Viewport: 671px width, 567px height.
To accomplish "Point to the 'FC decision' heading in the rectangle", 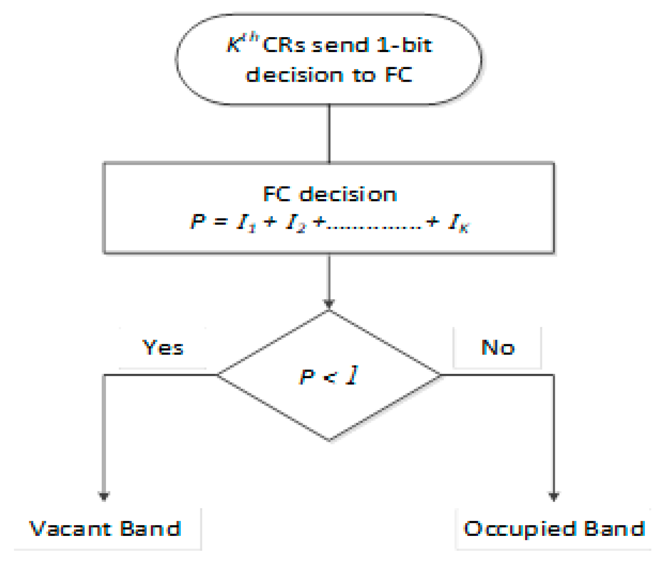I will point(329,194).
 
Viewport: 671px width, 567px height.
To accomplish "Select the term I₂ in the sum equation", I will point(296,223).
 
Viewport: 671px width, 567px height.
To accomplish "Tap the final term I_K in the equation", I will point(458,223).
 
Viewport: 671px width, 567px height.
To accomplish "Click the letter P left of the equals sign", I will point(198,221).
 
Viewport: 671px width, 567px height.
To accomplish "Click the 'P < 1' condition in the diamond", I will point(329,376).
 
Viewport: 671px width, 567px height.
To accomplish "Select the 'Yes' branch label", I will point(163,348).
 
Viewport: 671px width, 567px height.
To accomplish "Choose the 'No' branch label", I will point(498,348).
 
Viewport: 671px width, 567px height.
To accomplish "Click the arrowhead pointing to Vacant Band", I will point(104,496).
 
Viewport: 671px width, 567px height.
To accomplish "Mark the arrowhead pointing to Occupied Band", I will point(553,496).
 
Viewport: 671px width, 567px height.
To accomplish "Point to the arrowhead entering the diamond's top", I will point(329,304).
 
